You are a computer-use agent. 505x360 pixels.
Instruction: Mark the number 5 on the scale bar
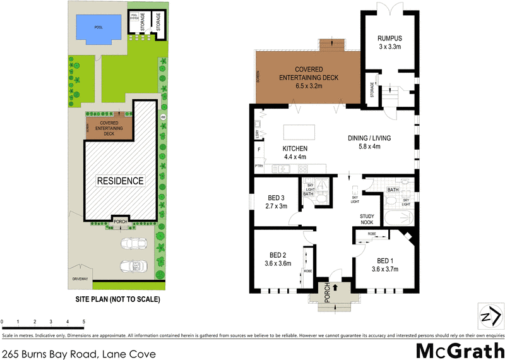click(x=84, y=322)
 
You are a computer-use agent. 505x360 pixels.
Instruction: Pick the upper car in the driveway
click(x=134, y=243)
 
